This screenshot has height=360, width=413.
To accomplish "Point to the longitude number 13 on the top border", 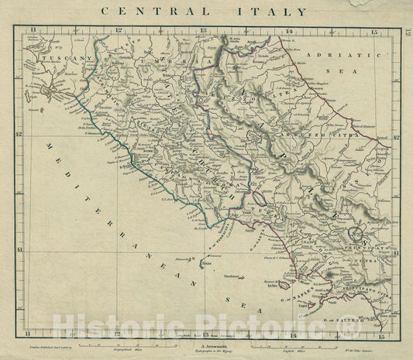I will click(202, 31).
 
